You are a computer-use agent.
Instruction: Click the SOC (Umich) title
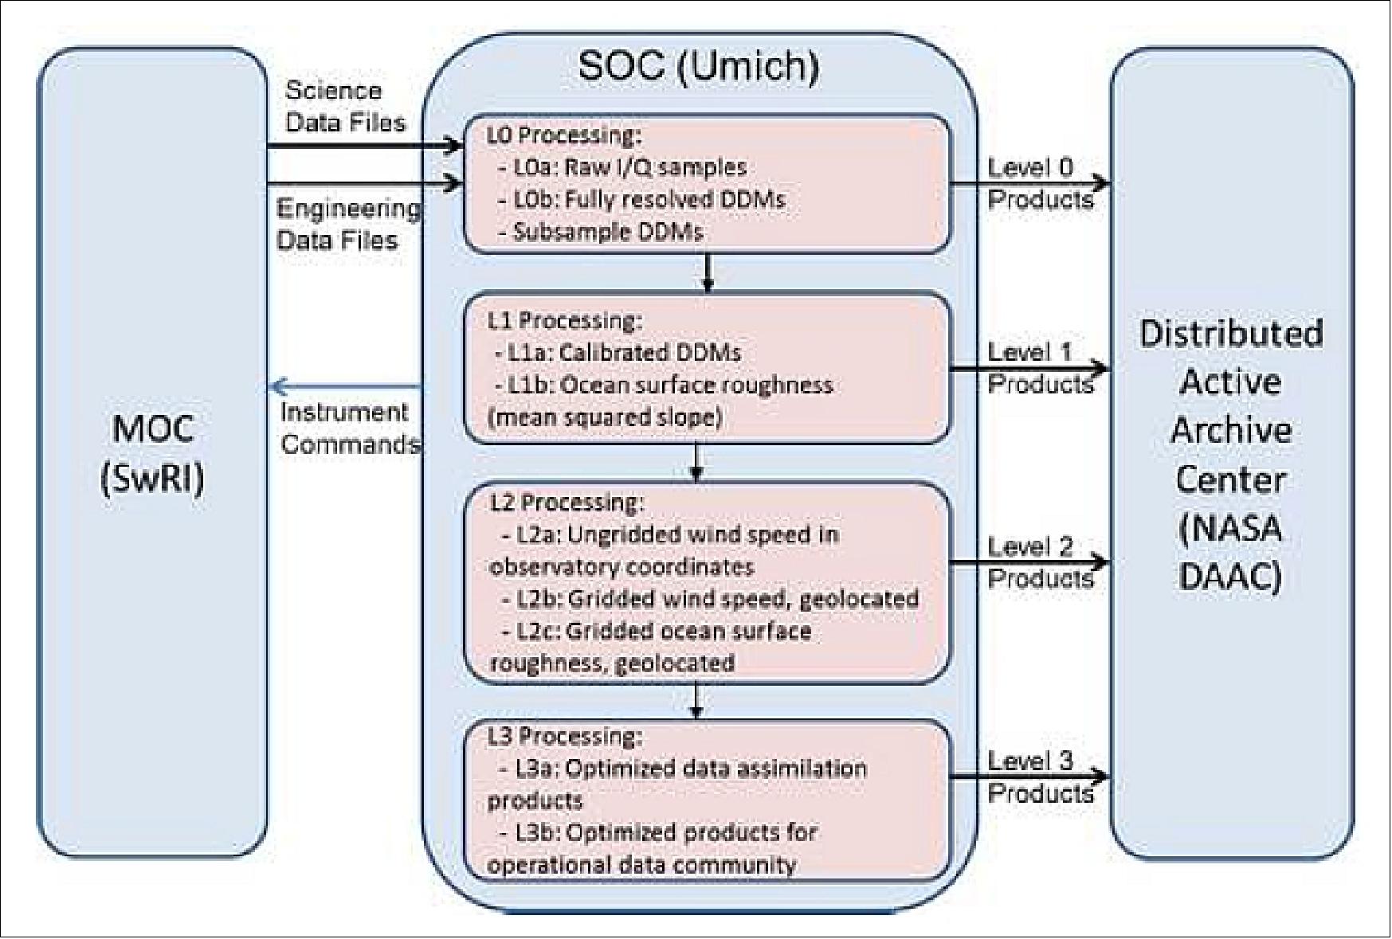[698, 65]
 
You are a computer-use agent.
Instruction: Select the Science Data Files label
[345, 106]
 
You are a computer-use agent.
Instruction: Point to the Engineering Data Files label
[347, 224]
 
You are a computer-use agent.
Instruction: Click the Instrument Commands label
[350, 428]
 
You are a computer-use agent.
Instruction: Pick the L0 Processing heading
[563, 135]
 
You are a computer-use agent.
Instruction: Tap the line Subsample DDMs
[607, 232]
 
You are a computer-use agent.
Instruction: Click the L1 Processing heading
[564, 320]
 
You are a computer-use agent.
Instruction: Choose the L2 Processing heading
[566, 502]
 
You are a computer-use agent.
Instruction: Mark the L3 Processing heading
[564, 736]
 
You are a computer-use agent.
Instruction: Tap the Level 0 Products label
[1039, 183]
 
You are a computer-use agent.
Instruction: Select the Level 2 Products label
[1039, 562]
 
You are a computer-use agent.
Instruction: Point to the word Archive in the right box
[1231, 431]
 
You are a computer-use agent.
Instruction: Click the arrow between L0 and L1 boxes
[708, 273]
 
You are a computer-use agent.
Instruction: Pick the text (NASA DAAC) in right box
[1231, 552]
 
